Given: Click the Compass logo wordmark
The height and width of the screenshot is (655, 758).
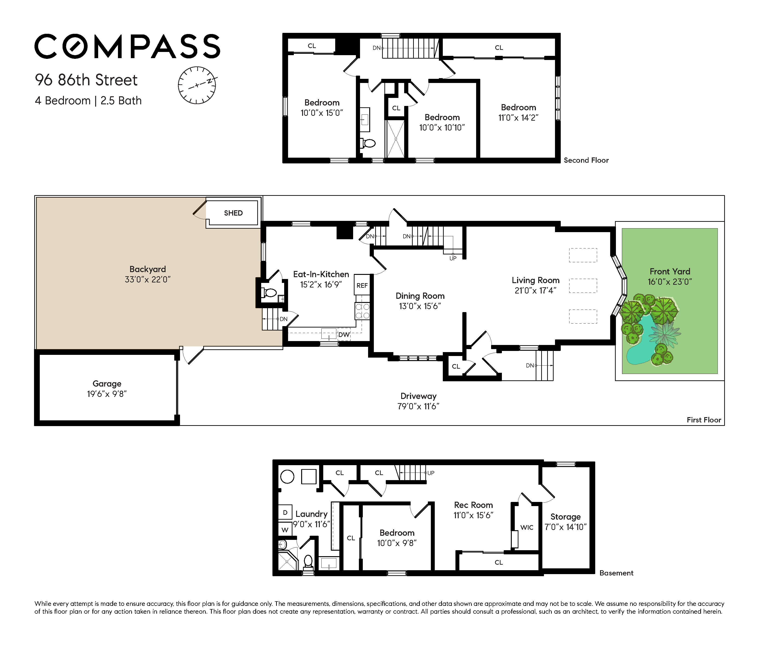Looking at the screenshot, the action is coord(127,46).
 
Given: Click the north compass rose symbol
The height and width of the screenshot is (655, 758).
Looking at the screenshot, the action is coord(197,85).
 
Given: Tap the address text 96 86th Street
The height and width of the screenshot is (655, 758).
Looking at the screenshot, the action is coord(86,80).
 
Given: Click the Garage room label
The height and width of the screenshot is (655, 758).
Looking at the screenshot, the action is coord(107,384).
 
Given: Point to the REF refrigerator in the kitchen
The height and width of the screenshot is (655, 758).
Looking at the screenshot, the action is coord(362,285).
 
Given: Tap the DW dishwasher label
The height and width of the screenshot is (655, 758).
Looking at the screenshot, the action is coord(344,335).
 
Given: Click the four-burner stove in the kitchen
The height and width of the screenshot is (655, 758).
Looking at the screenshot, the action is coord(362,311).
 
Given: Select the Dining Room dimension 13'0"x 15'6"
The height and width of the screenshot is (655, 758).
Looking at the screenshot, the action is coord(420,306).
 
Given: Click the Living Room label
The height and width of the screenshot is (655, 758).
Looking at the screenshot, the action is coord(536,280).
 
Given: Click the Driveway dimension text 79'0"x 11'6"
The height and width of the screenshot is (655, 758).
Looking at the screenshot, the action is coord(418,406).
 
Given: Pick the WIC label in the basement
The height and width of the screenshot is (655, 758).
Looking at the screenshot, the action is coord(527,527).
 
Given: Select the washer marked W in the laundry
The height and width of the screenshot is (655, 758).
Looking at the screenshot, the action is coord(285,530).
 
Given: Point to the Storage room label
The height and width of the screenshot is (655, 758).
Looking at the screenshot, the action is coord(566,517).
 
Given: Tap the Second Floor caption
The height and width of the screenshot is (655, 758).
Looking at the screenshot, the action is coord(586,160).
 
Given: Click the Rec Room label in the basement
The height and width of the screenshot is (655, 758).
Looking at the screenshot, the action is coord(473,505).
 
